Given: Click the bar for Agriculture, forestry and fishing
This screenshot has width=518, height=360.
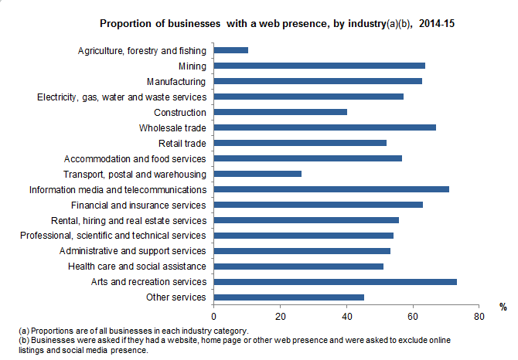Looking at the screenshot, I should coord(230,50).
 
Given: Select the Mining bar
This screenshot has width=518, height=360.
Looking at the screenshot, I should coord(319,66).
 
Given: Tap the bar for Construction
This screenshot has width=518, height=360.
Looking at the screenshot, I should coord(280,112).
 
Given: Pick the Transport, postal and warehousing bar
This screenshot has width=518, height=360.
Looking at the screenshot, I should coord(257,174).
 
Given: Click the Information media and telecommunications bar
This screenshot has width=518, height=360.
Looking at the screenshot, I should coord(331,189).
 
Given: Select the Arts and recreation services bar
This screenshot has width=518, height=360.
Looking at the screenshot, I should coord(335,282).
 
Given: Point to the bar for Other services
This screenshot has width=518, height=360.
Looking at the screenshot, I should coord(288,297).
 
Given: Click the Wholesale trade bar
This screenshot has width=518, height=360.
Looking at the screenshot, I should coord(325,127).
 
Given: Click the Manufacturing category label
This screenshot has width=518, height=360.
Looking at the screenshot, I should coord(176,81).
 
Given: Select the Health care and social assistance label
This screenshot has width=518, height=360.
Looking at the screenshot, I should coord(144,267).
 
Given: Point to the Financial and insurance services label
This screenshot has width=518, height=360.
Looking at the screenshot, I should coord(138,205).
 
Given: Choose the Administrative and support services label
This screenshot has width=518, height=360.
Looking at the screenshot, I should coord(133,251).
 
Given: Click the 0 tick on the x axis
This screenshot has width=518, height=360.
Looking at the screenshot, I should coord(213,316).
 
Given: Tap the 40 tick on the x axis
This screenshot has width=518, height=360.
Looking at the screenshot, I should coord(346,316).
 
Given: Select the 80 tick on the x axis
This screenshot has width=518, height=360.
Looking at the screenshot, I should coord(479,316).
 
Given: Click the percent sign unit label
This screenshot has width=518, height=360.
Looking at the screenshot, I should coord(503,307).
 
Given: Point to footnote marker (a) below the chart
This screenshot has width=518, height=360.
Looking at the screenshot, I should coord(24,331).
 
